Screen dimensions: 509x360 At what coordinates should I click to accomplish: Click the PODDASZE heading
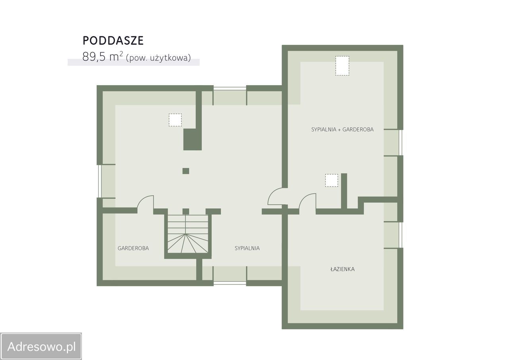pos(113,41)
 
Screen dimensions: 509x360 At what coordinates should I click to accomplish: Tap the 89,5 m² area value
pos(103,56)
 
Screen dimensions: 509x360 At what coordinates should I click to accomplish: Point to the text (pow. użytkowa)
pos(158,58)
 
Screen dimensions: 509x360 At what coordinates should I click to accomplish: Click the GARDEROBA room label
pos(133,248)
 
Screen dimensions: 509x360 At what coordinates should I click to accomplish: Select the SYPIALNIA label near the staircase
pos(247,248)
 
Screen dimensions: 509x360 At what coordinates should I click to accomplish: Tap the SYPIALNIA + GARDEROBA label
pos(342,130)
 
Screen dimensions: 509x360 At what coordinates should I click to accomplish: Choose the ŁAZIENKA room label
pos(342,269)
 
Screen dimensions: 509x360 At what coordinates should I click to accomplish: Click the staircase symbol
pos(188,234)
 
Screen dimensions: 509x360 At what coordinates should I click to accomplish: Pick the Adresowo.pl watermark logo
pos(41,346)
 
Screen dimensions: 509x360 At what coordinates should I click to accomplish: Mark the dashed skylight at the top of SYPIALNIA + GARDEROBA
pos(342,66)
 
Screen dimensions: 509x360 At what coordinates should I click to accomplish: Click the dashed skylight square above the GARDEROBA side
pos(175,120)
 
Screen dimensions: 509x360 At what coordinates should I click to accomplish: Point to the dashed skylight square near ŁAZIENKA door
pos(332,180)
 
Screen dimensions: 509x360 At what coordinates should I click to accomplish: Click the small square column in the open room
pos(186,171)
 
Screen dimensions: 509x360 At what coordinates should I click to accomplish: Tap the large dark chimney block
pos(192,139)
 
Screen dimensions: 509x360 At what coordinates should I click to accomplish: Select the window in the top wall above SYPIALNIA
pos(230,88)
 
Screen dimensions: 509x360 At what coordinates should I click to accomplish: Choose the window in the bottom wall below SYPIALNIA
pos(230,283)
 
